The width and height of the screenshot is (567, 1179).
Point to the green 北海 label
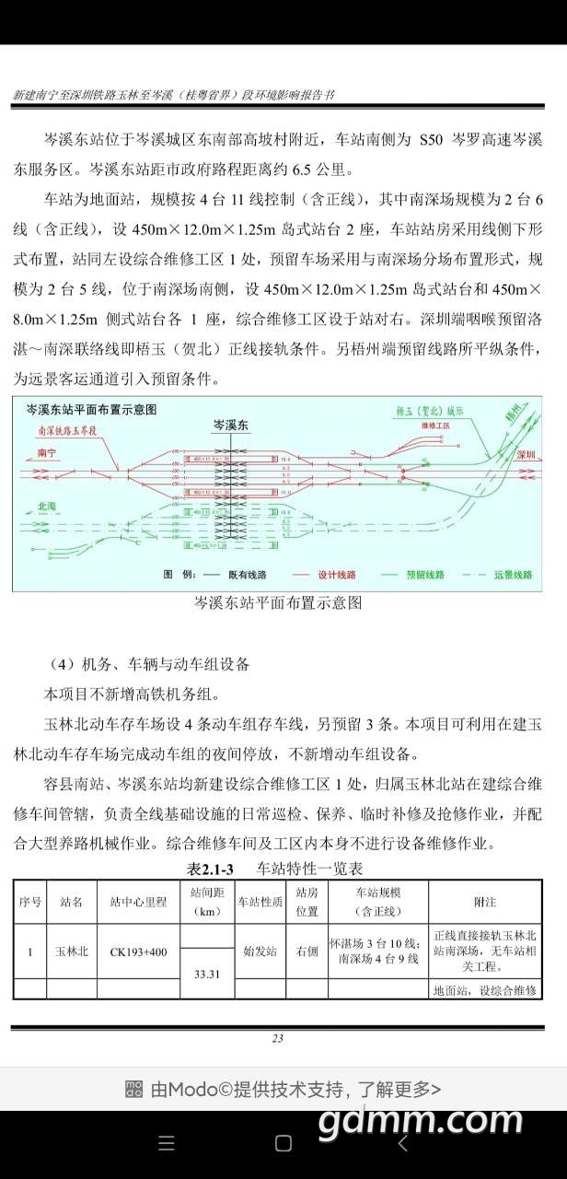[46, 507]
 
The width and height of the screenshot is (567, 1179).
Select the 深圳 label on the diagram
[526, 454]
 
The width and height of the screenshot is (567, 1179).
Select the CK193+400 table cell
[138, 951]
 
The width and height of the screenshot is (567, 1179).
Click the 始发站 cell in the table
[260, 951]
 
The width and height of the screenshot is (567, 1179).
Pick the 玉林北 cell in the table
[71, 951]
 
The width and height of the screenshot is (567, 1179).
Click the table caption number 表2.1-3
[211, 869]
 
